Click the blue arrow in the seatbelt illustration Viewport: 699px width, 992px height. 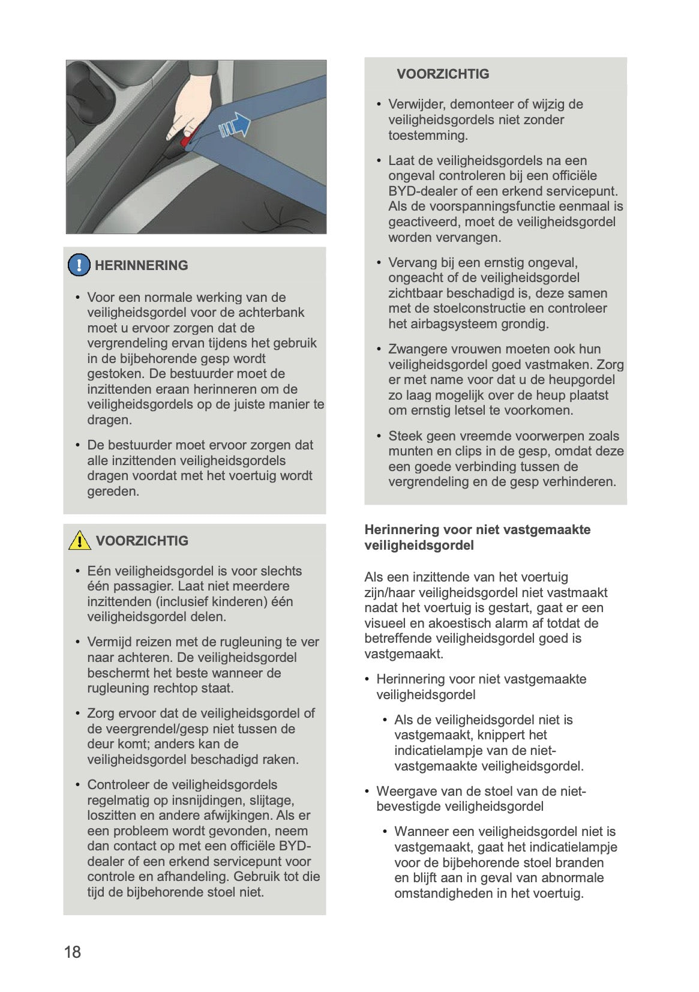pos(236,125)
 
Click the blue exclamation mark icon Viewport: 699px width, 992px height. pos(79,265)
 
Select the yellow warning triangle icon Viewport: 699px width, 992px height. pos(79,540)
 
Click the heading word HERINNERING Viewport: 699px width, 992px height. pos(141,265)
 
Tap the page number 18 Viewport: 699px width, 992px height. pos(73,952)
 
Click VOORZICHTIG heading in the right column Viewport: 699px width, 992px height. pos(443,74)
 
